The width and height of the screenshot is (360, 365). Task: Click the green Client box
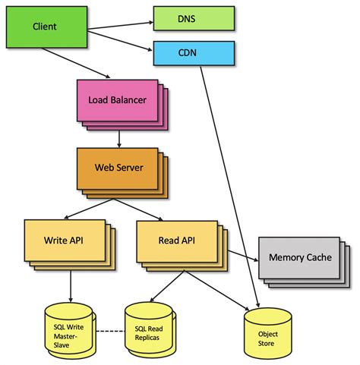[x=44, y=27]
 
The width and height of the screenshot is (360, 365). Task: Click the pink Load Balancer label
[x=117, y=99]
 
